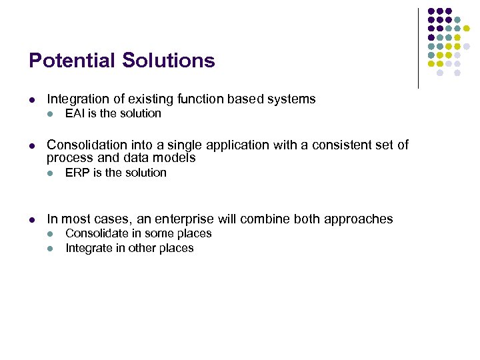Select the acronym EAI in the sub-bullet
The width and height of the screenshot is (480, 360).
(x=75, y=113)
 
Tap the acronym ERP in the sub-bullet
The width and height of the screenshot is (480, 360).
(x=76, y=173)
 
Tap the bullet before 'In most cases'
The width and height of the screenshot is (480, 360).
(x=32, y=219)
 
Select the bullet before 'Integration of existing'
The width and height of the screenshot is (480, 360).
(x=32, y=100)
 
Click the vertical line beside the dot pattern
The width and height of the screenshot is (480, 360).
(x=418, y=48)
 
